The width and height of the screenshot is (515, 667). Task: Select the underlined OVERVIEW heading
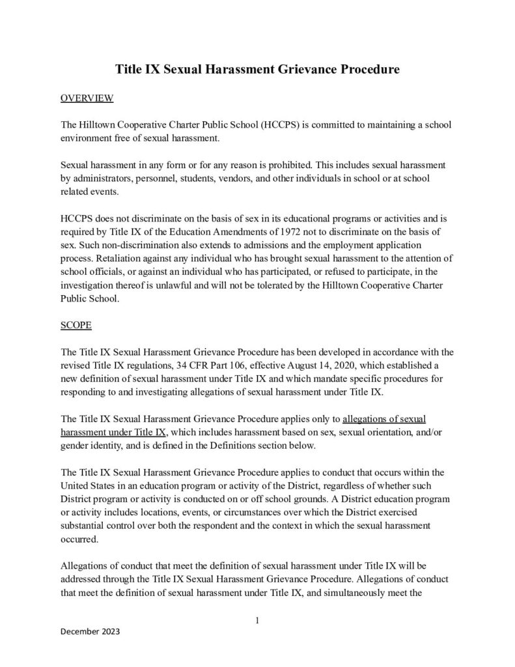[87, 98]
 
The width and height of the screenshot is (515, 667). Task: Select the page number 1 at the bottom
[257, 620]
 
